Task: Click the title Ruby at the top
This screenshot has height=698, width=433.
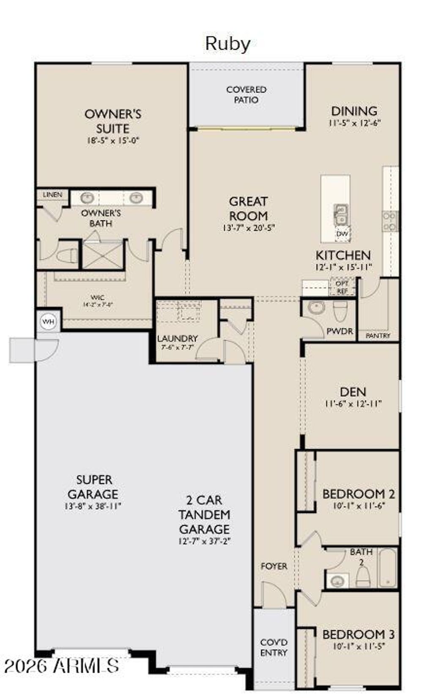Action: point(227,44)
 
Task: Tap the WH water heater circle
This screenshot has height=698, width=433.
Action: point(48,322)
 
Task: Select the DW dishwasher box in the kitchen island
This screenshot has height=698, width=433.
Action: point(343,234)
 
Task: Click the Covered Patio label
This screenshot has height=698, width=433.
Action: point(246,95)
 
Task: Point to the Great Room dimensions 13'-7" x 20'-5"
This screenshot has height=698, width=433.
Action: point(249,228)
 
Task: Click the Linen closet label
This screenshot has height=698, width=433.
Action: point(52,195)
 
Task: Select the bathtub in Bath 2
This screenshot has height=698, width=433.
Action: point(387,568)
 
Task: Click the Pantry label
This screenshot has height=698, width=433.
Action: point(378,335)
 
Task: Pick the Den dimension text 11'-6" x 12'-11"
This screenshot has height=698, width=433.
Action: point(353,404)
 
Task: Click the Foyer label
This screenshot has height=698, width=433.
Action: point(274,566)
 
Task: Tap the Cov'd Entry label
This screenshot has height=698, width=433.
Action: point(274,647)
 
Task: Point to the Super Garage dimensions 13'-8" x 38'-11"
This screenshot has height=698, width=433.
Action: point(93,506)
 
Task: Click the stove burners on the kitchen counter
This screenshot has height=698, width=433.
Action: point(390,221)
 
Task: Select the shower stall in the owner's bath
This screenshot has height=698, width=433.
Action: point(102,255)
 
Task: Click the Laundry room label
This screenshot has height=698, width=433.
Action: point(177,339)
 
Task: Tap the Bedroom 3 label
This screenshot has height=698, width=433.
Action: point(358,634)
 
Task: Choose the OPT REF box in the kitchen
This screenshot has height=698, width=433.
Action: point(342,287)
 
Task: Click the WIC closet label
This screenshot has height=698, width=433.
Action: point(97,298)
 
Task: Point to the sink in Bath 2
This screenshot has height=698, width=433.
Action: point(337,581)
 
